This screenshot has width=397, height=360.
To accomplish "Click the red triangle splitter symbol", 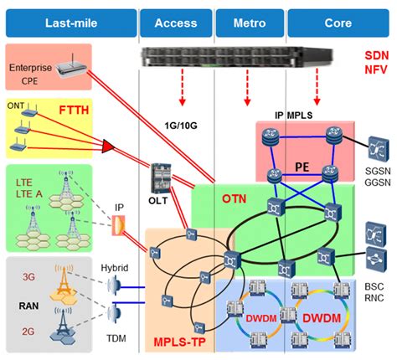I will (x=107, y=149).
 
